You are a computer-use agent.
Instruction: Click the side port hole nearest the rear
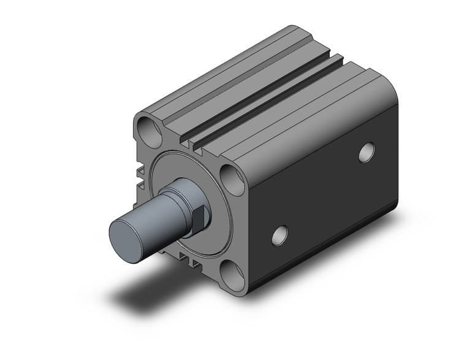click(367, 151)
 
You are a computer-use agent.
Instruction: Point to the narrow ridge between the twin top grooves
click(264, 98)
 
